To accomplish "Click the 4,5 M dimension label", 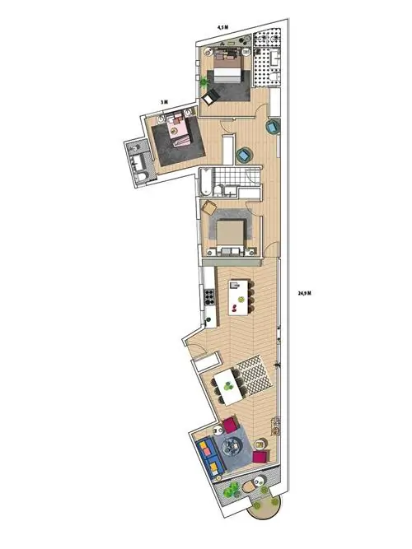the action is (x=223, y=27).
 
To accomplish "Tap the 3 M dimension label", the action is (x=164, y=102).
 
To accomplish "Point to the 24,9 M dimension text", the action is (x=304, y=293).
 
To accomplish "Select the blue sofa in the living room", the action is (x=208, y=457).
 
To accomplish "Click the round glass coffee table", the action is (x=233, y=446).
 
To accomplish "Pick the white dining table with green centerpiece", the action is (x=229, y=388).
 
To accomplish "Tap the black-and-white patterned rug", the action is (x=255, y=375).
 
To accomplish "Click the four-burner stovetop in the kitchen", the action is (x=209, y=296).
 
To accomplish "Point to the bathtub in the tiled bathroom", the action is (x=205, y=182).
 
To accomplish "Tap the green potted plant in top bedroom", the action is (x=204, y=82).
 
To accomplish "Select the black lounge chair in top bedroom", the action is (x=211, y=96).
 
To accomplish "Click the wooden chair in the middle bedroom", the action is (x=210, y=207).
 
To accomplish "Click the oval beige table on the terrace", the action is (x=250, y=486).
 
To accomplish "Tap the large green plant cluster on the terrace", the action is (x=232, y=490).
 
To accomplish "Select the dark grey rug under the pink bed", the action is (x=178, y=141).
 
